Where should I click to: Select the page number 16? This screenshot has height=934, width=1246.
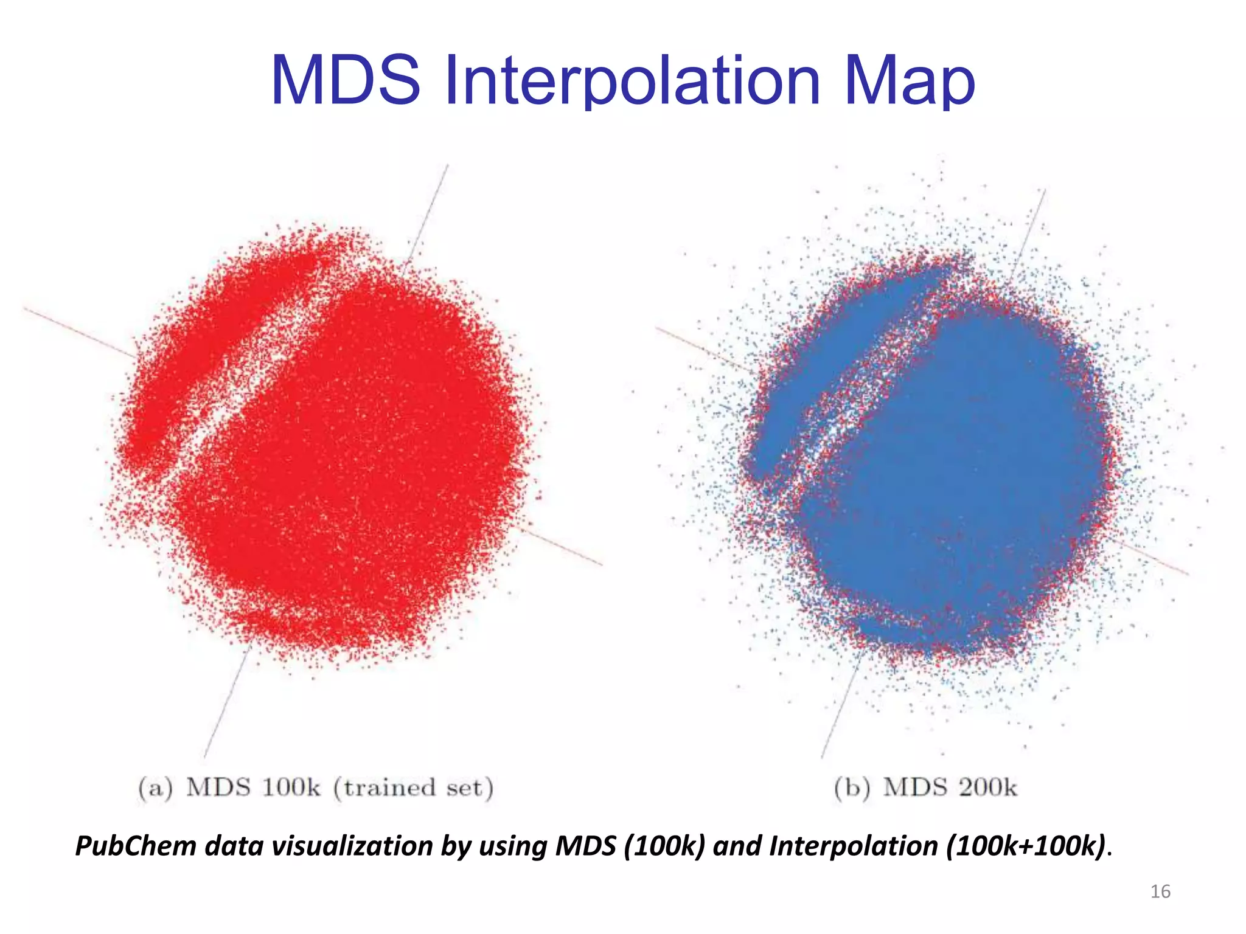[x=1160, y=891]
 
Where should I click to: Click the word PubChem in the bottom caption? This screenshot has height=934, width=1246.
[x=135, y=846]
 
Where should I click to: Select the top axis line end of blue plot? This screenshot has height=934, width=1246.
[x=1045, y=191]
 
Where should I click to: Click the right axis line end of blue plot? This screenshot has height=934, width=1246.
[x=1187, y=573]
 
